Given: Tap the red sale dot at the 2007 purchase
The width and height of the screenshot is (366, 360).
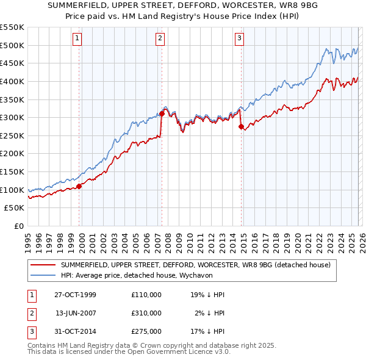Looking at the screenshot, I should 162,113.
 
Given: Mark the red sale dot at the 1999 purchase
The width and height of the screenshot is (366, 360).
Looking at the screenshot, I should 79,186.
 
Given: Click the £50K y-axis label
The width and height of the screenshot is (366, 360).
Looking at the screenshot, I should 15,208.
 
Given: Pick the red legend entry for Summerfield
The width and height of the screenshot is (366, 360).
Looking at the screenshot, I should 195,265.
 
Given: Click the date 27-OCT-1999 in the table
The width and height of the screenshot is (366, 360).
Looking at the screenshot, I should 76,295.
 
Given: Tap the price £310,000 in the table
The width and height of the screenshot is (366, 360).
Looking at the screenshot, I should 146,313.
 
